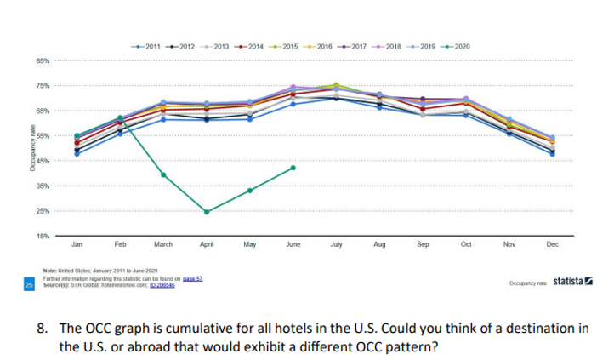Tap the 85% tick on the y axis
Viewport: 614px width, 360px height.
point(43,61)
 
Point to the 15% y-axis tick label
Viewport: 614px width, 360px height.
point(43,236)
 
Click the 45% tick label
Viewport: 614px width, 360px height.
point(43,161)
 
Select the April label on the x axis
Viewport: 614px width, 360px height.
point(206,244)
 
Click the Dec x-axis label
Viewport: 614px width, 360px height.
point(552,244)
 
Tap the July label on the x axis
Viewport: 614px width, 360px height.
point(336,244)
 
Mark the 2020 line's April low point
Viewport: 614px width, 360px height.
point(207,212)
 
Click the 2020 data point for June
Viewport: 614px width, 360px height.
point(293,168)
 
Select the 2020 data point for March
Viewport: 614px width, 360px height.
point(163,174)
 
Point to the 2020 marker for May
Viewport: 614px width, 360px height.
point(249,191)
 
